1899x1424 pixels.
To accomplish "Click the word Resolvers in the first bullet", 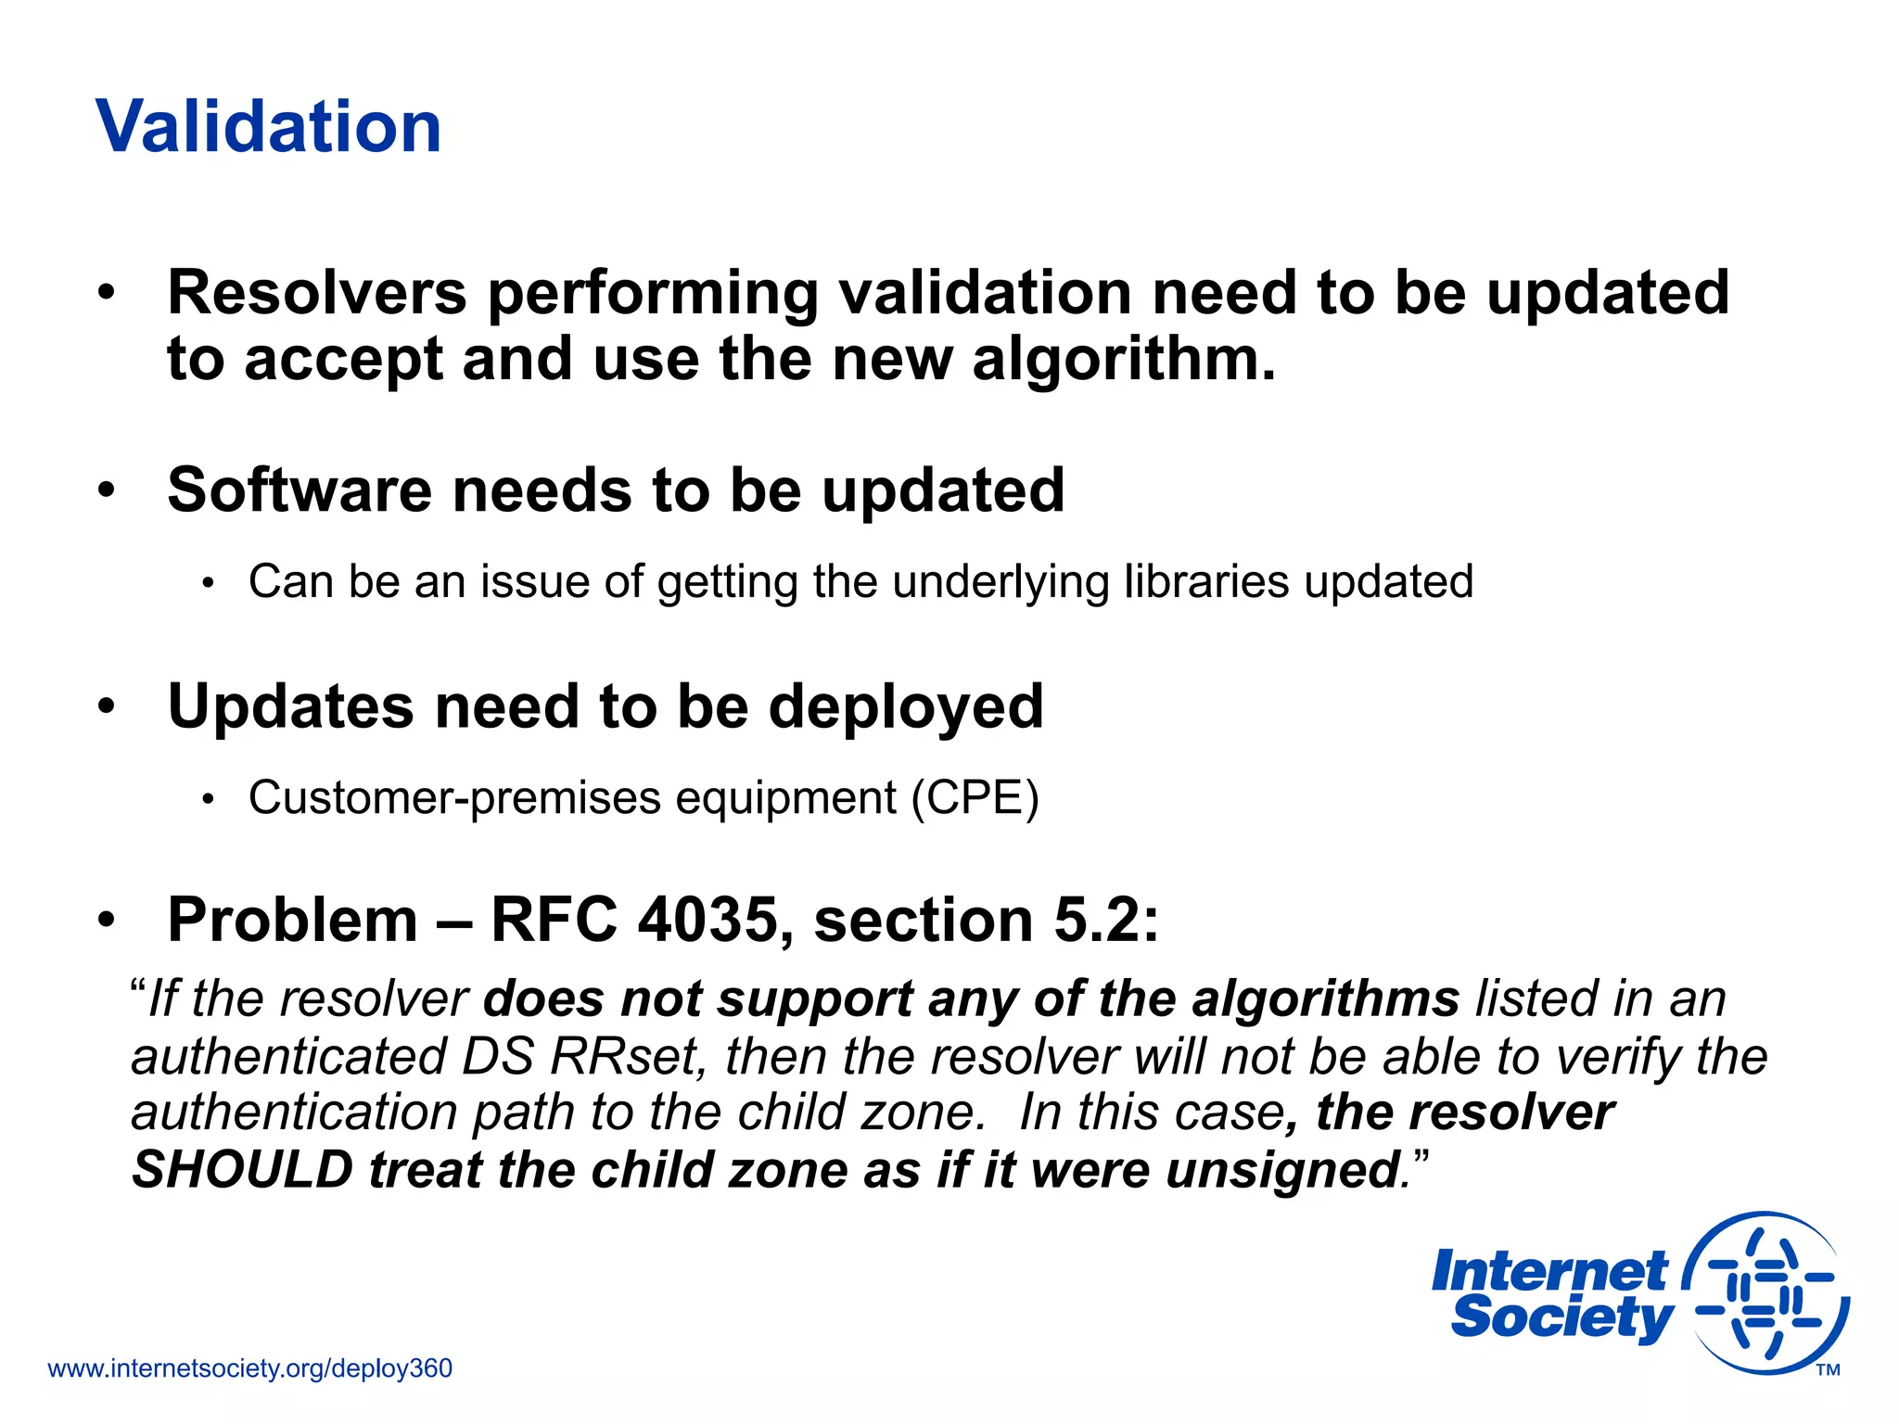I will [316, 293].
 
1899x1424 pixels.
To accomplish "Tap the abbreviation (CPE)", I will [975, 798].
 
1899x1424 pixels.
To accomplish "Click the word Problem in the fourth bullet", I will [292, 921].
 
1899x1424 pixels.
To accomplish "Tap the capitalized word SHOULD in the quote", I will [242, 1170].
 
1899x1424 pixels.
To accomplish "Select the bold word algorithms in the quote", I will [1325, 999].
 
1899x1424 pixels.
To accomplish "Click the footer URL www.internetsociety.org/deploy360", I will [250, 1368].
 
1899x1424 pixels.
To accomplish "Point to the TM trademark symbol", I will [1828, 1370].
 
